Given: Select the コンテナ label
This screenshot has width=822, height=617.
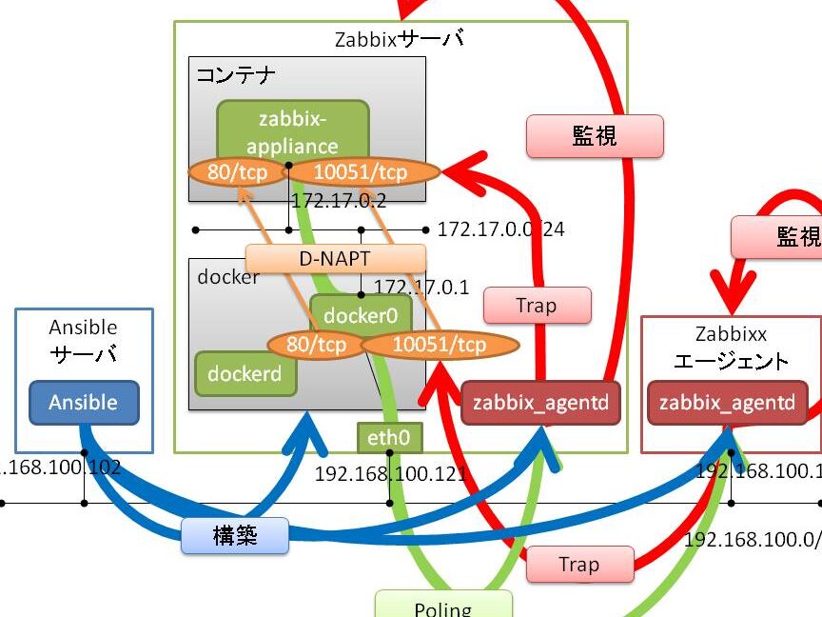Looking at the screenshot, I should (x=236, y=74).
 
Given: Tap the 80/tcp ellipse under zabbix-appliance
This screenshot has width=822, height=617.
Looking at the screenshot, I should (x=236, y=172).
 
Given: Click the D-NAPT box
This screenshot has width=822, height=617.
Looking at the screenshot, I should (x=336, y=258).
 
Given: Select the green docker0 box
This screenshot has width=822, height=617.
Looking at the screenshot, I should (x=361, y=314).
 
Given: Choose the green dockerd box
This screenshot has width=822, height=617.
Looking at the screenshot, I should (x=245, y=373).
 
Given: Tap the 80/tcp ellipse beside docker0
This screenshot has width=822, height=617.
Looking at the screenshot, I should (x=316, y=344).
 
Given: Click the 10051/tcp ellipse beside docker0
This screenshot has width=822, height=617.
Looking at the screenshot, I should (x=439, y=344).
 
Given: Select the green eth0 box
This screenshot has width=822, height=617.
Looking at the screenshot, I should (x=388, y=438).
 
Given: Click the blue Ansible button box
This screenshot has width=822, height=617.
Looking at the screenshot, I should (x=84, y=403).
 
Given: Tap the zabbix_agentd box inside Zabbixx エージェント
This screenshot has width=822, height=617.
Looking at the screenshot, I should (x=727, y=403).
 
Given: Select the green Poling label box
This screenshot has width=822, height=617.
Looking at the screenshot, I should (x=442, y=606).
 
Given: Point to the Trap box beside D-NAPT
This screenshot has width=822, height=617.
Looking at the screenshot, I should (x=537, y=306).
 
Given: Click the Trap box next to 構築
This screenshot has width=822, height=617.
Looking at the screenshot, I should (x=578, y=565).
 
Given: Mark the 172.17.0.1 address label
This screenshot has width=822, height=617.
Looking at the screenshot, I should (x=421, y=287).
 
